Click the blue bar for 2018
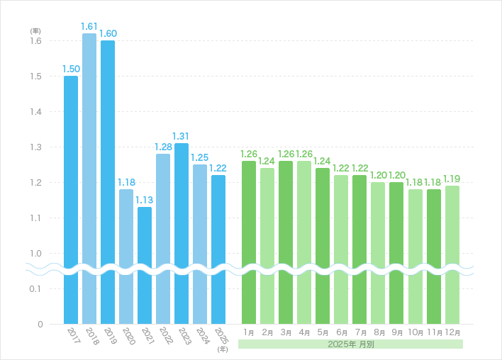click(89, 177)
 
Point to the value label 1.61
click(89, 26)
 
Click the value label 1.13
click(145, 200)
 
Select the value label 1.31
click(182, 136)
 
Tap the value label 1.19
click(452, 179)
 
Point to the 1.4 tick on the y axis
click(35, 112)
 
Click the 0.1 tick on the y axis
click(35, 289)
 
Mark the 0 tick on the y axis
click(40, 325)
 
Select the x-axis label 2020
click(128, 335)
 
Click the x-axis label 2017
click(74, 335)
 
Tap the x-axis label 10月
click(415, 332)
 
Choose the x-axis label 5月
click(323, 332)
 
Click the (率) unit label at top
click(35, 31)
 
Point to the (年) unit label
click(223, 349)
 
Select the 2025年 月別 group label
click(350, 344)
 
